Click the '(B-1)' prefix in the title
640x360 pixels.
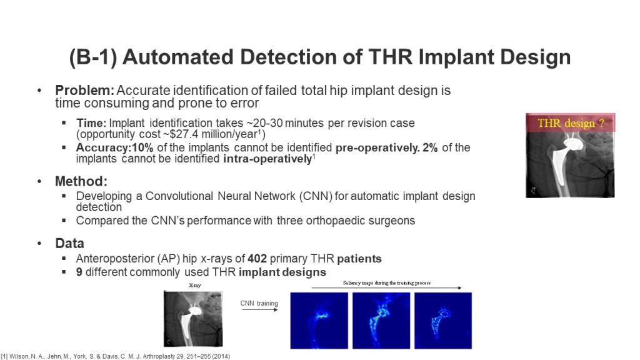pos(93,57)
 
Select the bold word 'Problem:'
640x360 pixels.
pos(84,90)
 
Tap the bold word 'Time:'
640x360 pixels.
pos(91,123)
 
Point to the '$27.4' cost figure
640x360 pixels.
pos(182,134)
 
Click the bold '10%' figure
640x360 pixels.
pos(142,147)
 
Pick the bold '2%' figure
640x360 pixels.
pos(430,147)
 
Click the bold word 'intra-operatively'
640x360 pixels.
pos(267,159)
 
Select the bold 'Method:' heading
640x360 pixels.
pos(81,181)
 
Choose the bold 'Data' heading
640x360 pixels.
pos(70,243)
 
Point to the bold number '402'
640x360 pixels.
pos(257,259)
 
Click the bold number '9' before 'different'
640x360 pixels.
pos(79,272)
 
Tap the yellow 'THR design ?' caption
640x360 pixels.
pos(570,123)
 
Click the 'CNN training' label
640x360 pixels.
pos(259,303)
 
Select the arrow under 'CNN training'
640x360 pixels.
pos(259,310)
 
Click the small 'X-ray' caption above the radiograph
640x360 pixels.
pos(195,285)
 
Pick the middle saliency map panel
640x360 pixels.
pos(381,321)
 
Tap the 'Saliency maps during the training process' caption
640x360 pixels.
pos(386,283)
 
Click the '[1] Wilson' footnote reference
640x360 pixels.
pos(12,356)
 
